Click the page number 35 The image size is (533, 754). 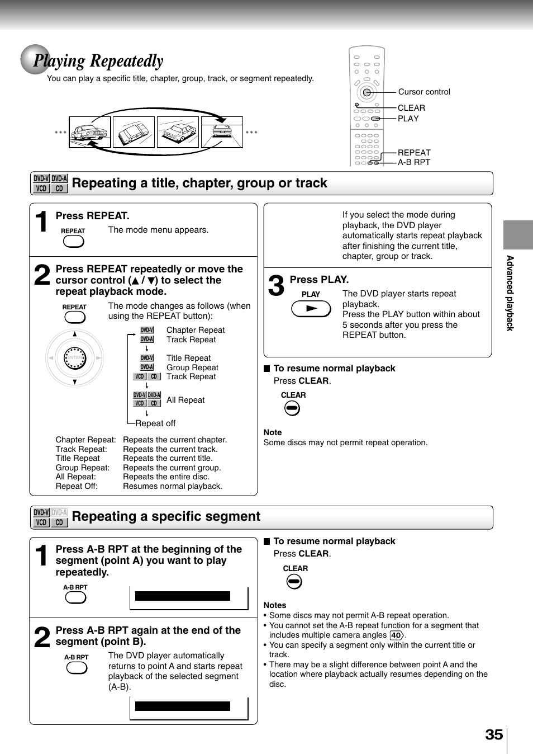coord(494,734)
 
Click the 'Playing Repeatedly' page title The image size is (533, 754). coord(98,61)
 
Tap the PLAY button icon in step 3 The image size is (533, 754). coord(311,309)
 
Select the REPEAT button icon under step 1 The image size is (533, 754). coord(73,241)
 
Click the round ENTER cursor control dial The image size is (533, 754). coord(74,358)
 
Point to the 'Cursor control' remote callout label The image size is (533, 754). coord(423,92)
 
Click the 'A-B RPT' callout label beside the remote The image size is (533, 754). coord(413,162)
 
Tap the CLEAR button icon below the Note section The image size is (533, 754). coord(294,582)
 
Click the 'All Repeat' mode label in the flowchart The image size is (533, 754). coord(185,400)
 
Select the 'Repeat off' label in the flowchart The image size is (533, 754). coord(155,423)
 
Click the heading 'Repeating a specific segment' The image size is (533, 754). coord(166,516)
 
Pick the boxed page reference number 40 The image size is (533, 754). coord(396,635)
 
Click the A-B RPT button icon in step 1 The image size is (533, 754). coord(75,597)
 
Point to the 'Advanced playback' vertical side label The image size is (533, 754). coord(510,293)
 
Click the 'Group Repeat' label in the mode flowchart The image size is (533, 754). coord(192,367)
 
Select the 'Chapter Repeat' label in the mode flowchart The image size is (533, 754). coord(196,330)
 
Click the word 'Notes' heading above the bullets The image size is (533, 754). coord(275,605)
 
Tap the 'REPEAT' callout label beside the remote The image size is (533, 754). coord(413,153)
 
